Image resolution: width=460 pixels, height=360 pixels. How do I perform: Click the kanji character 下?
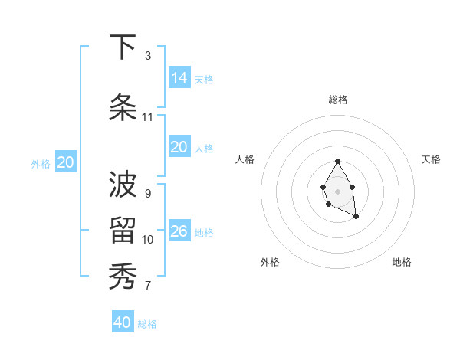coord(123,47)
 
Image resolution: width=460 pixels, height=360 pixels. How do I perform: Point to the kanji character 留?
coord(123,231)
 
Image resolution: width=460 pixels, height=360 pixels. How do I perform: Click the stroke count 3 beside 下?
coord(148,56)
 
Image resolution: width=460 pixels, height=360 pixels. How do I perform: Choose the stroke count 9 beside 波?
coord(148,194)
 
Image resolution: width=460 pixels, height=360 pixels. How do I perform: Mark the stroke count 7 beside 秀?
coord(148,286)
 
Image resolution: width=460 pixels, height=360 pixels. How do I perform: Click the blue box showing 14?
coord(179,77)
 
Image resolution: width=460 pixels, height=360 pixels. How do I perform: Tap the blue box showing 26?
coord(179,231)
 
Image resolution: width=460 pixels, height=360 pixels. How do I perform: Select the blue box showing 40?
coord(123,322)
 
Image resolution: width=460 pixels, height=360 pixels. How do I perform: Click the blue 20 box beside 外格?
coord(66,162)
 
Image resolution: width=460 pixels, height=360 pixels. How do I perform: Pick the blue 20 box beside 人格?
coord(179,147)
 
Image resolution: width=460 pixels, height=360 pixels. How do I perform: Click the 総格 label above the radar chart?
coord(338,100)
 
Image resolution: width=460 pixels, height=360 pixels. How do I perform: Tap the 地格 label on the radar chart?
coord(402,262)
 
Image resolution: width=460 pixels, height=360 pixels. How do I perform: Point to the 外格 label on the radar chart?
coord(270,262)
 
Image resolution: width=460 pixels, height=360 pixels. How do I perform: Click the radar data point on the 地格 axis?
coord(356,217)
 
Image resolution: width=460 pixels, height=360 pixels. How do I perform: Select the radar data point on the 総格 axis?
coord(337,162)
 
